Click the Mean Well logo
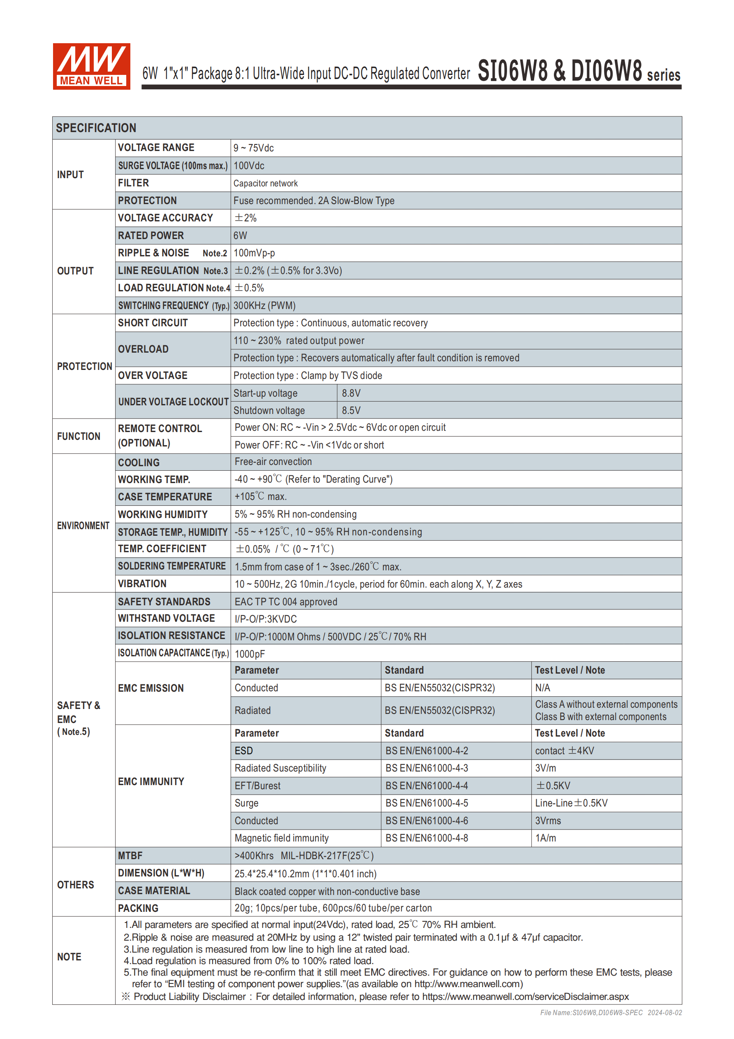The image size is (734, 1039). (x=91, y=66)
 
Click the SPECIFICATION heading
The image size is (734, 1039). (x=96, y=128)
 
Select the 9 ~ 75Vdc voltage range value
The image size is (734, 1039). (x=253, y=148)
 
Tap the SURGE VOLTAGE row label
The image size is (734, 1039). (x=173, y=166)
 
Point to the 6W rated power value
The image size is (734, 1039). (x=240, y=235)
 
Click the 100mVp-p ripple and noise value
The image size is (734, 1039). (x=254, y=253)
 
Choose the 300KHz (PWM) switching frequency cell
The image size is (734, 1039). (x=264, y=305)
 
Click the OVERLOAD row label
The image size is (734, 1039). (x=144, y=349)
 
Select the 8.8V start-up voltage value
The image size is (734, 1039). (x=351, y=393)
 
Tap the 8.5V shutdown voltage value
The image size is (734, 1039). (x=351, y=410)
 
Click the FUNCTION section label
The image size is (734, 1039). (x=79, y=436)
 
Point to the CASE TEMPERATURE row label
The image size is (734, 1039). (x=165, y=497)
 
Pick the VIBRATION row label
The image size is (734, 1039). (x=142, y=584)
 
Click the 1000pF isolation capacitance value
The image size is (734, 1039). (x=250, y=654)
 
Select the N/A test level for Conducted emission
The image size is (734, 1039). (x=543, y=688)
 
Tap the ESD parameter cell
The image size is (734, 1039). (x=244, y=751)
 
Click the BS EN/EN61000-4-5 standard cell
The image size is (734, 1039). (x=426, y=803)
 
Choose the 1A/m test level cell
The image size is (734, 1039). (x=545, y=838)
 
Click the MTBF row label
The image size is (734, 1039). (x=130, y=856)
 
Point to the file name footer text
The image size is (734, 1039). (x=611, y=1013)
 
